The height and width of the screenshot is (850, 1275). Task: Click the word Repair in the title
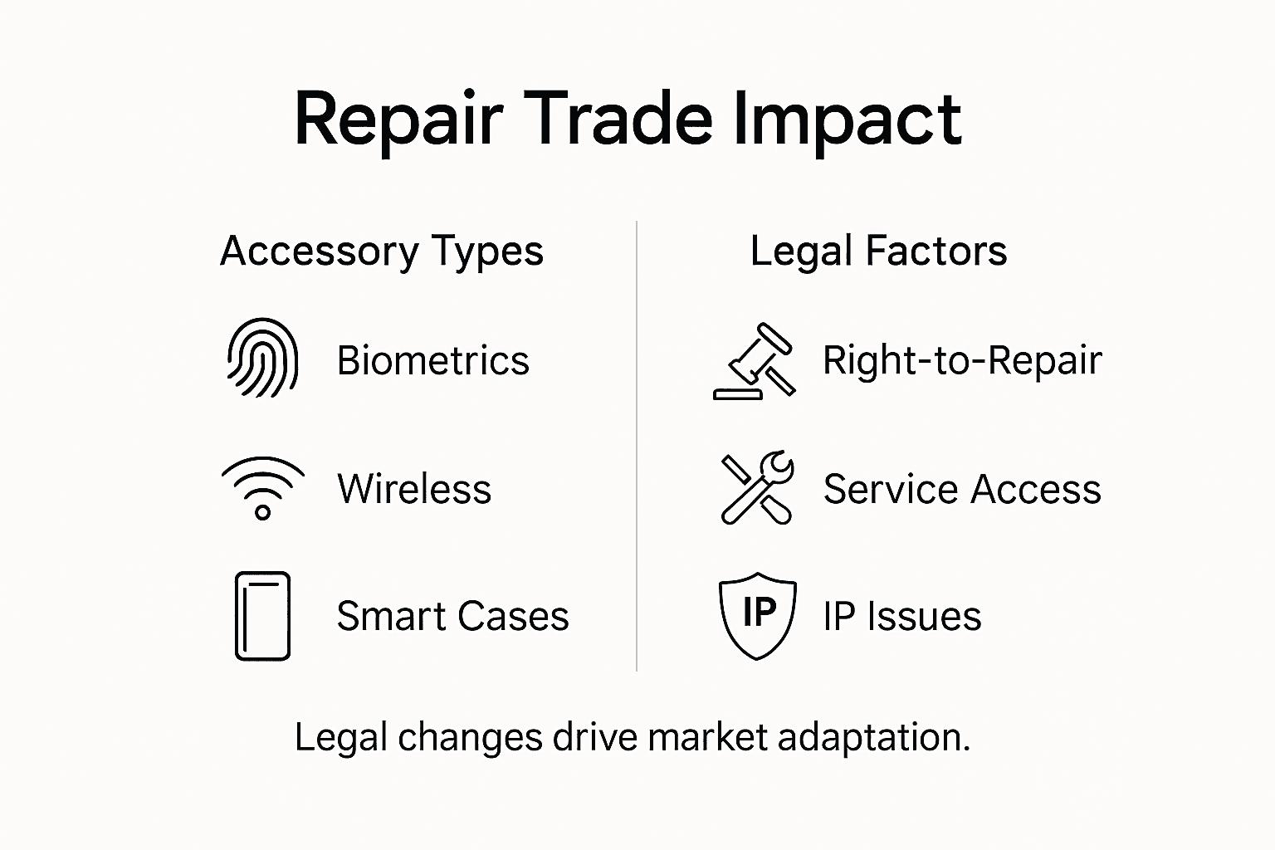tap(398, 120)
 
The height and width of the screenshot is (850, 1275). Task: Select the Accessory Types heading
tap(382, 251)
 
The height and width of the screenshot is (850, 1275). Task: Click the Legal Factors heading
tap(878, 251)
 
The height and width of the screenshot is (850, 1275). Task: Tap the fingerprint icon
tap(262, 358)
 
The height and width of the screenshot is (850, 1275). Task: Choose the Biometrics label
tap(432, 360)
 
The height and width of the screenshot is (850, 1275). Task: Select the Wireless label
tap(414, 488)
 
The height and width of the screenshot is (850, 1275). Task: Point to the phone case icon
tap(262, 616)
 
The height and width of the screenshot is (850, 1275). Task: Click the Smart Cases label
tap(452, 616)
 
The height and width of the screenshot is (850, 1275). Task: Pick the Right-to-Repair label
tap(961, 360)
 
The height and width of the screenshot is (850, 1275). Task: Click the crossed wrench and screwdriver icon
tap(757, 488)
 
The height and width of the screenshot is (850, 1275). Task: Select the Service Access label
tap(961, 488)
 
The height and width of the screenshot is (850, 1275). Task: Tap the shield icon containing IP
tap(757, 615)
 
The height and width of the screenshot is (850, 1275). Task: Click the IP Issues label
tap(901, 616)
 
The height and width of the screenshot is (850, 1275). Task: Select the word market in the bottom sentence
tap(707, 737)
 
